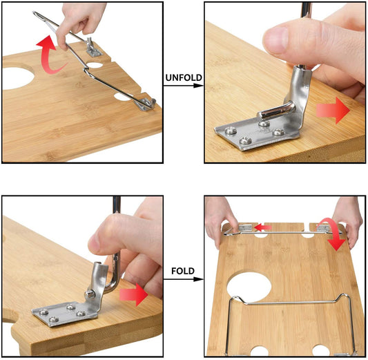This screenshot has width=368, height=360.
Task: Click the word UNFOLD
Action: [184, 77]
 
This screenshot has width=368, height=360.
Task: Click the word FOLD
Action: [183, 271]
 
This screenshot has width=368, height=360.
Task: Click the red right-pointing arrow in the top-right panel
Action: [333, 111]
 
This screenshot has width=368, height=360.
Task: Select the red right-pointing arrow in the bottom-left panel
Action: [134, 294]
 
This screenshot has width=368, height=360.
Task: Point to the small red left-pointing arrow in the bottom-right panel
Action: [263, 227]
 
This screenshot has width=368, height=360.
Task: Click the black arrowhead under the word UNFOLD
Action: [198, 86]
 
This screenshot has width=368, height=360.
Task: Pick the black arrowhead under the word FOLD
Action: [198, 279]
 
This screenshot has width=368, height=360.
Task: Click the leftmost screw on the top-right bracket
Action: [231, 130]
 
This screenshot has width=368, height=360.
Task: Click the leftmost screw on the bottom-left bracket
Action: [43, 312]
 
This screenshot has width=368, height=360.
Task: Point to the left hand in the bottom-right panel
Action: [221, 220]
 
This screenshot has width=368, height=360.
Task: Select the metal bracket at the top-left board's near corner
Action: [146, 104]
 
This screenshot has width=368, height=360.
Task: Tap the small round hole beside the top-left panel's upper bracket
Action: [95, 65]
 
